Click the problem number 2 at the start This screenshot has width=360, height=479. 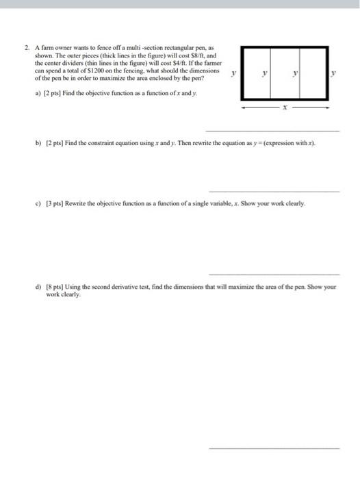25,48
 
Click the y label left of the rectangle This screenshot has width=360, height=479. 234,73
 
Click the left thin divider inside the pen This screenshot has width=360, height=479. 270,73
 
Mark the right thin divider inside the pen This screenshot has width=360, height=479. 302,73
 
